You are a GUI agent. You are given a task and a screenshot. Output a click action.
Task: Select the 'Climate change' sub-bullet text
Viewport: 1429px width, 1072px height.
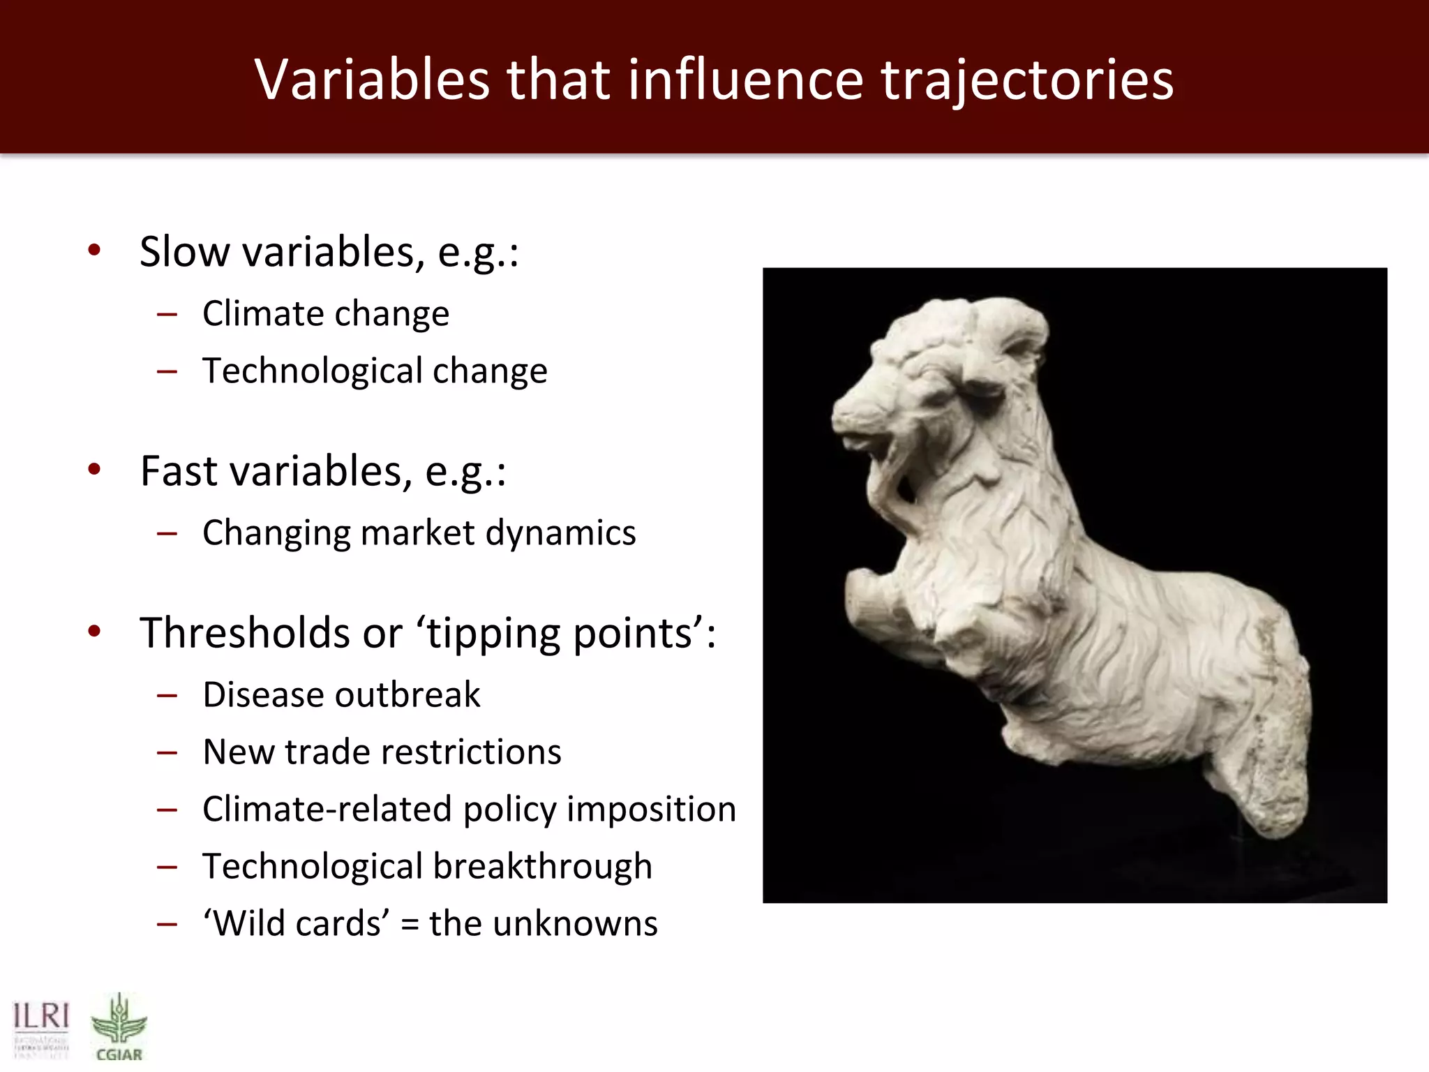(326, 313)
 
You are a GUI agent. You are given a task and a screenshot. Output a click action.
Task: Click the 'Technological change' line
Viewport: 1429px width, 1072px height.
(375, 371)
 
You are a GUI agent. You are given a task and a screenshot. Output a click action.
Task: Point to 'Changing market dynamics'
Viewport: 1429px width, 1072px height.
(419, 533)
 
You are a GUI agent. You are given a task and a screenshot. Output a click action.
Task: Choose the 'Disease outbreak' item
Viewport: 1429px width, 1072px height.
(341, 695)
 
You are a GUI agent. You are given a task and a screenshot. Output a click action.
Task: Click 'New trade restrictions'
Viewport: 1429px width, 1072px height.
(382, 752)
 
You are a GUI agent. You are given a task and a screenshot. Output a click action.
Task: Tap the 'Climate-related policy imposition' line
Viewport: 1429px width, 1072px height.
(469, 810)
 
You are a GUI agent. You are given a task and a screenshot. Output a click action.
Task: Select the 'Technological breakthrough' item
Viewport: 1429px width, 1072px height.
(427, 867)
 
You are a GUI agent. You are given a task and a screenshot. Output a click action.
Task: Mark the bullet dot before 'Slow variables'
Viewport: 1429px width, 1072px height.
(95, 250)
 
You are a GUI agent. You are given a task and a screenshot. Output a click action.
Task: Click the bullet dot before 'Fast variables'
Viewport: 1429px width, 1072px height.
(95, 469)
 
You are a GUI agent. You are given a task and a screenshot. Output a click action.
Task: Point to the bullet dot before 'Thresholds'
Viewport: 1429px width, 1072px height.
(95, 632)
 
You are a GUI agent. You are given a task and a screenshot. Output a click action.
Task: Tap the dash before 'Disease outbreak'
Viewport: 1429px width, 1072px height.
(167, 696)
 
